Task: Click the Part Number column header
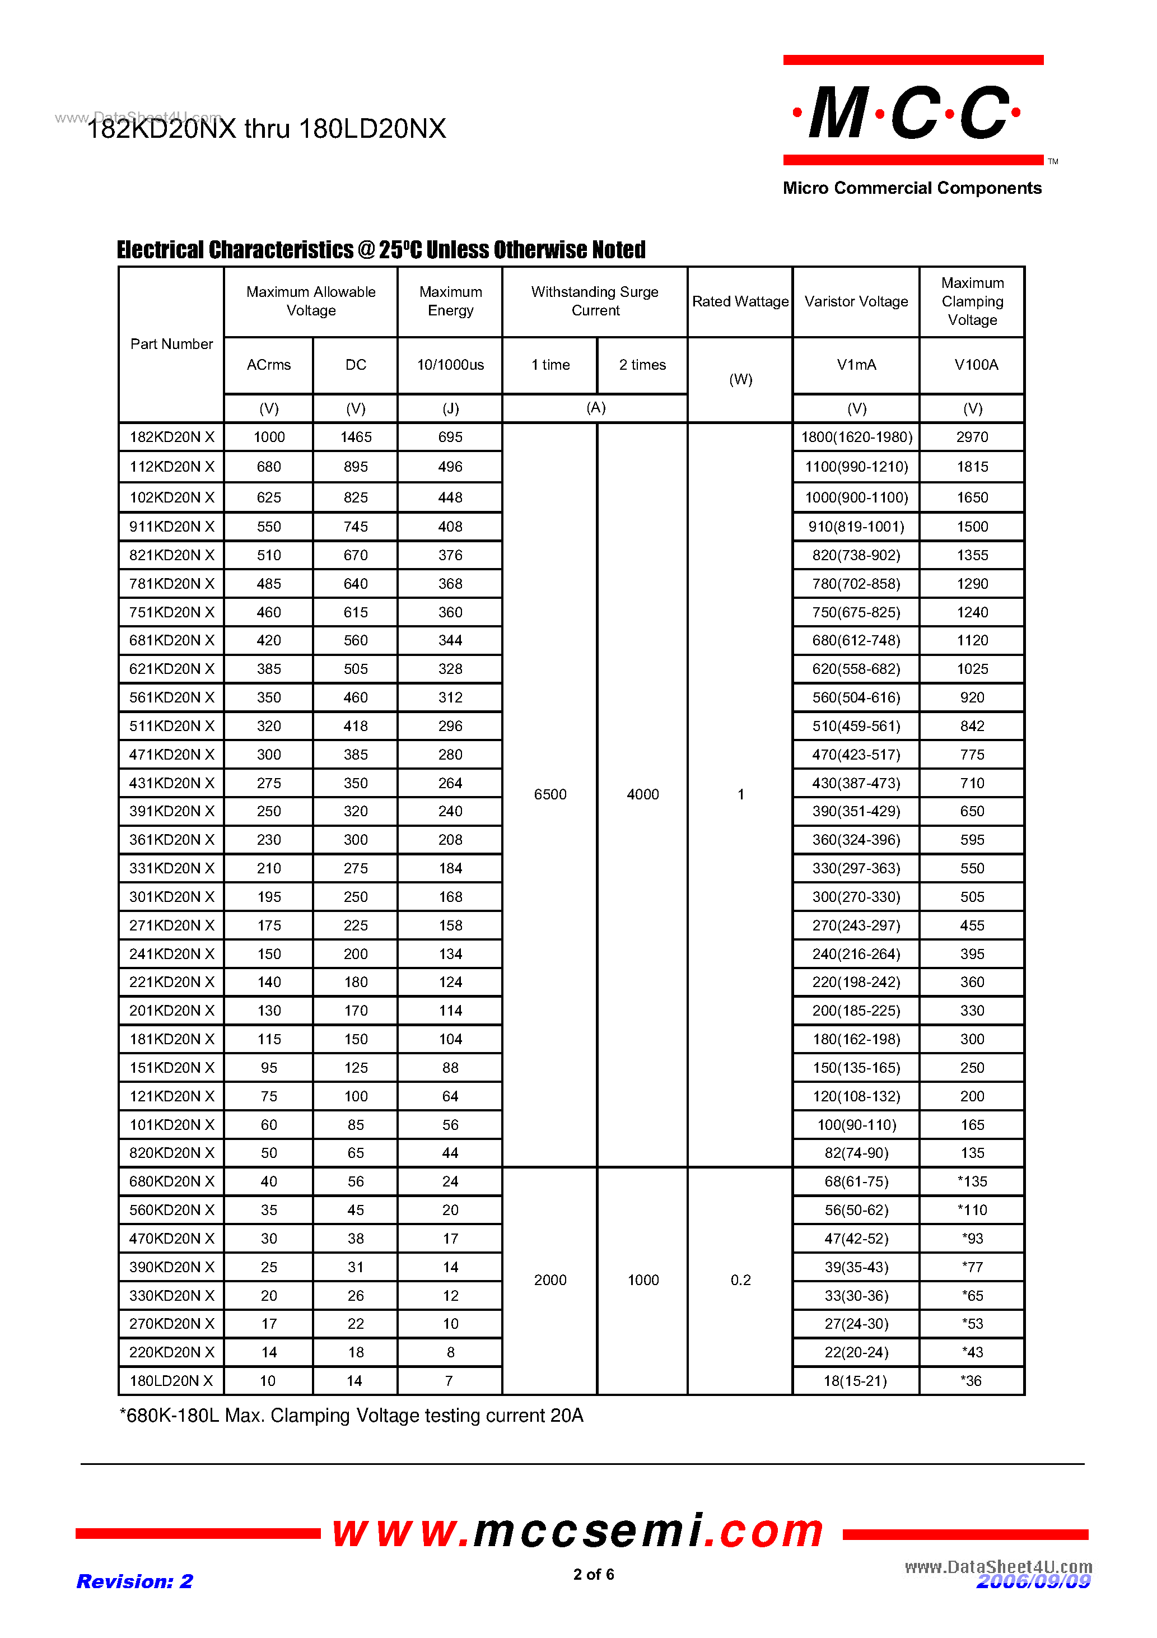click(171, 344)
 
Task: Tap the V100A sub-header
click(975, 365)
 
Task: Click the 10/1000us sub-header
click(450, 365)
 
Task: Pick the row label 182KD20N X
click(171, 436)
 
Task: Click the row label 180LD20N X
click(171, 1380)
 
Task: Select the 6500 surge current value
click(550, 794)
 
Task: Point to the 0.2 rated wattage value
click(740, 1280)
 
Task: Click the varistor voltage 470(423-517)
click(855, 754)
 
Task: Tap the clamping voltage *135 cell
click(972, 1181)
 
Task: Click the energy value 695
click(450, 436)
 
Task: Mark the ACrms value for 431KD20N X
click(268, 783)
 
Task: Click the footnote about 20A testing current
click(351, 1416)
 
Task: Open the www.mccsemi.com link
click(578, 1532)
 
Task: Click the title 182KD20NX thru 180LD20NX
click(266, 128)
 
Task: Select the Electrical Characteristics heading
click(381, 250)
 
